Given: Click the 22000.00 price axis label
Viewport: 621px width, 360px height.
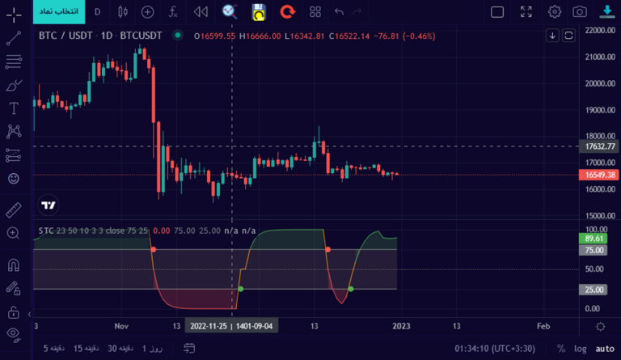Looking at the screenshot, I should [x=600, y=30].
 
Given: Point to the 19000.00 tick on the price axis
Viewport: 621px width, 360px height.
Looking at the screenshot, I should [x=600, y=110].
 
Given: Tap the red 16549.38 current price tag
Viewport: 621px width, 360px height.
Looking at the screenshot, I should [x=600, y=175].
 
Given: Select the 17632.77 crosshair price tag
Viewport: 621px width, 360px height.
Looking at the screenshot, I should [x=600, y=146].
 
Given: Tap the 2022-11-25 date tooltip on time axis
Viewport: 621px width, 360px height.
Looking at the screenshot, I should [x=231, y=326].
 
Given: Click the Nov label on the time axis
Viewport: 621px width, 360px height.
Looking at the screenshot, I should [x=122, y=326].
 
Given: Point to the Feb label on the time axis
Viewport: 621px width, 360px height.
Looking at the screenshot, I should [x=543, y=326].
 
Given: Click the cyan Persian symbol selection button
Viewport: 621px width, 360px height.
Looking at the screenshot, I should [x=57, y=11].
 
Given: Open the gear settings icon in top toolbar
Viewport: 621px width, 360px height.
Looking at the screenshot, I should [x=555, y=11].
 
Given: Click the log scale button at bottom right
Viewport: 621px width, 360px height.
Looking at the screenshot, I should [x=581, y=348].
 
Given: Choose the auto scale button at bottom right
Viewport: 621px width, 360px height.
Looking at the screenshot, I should [x=605, y=348].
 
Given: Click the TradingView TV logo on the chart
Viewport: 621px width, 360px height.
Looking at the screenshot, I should [x=49, y=205].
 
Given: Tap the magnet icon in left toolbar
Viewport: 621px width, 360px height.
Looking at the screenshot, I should [x=14, y=264].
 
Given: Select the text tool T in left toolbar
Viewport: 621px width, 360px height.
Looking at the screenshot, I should [x=14, y=108].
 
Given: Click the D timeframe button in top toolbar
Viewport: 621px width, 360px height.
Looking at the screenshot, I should [x=98, y=11].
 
